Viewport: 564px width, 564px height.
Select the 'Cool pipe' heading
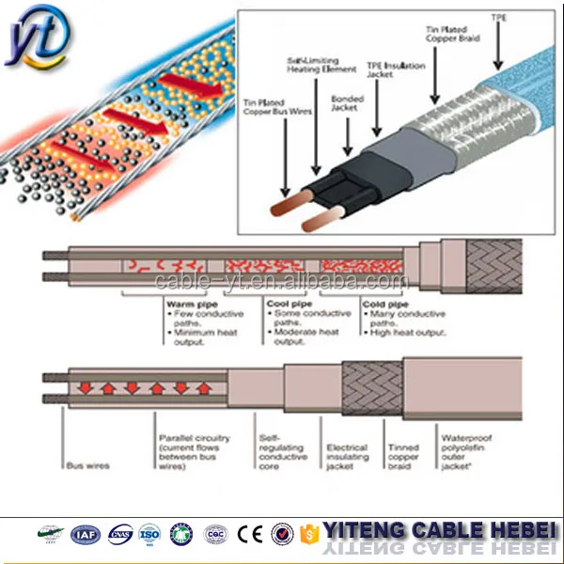pos(288,304)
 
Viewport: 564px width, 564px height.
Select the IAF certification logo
pos(85,535)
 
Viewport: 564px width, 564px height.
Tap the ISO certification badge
pos(149,535)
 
